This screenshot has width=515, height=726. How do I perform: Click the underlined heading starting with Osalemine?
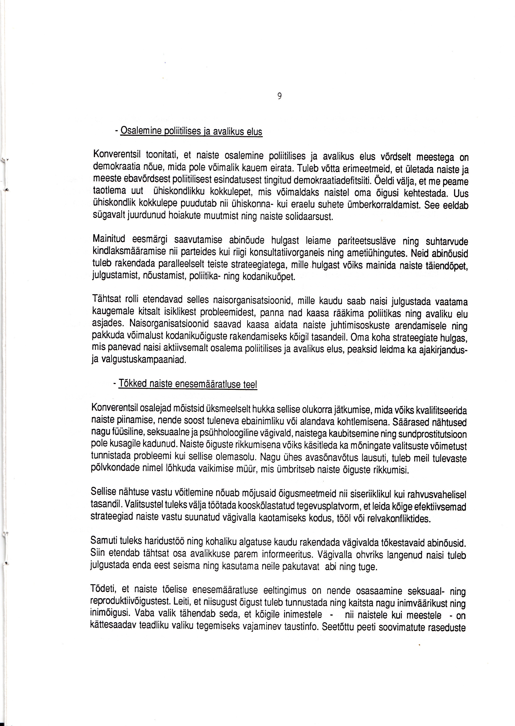(191, 131)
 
